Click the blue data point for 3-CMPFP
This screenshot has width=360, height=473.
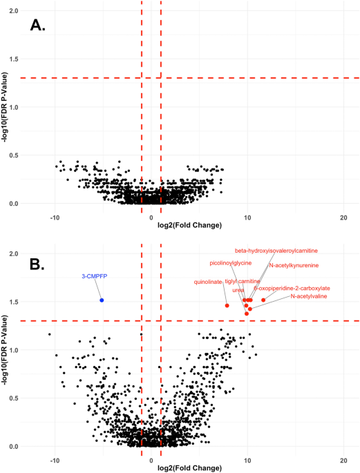pos(102,300)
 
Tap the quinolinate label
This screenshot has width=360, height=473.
pos(208,282)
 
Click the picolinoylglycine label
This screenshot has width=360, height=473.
pos(230,263)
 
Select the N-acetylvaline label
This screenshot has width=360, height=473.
pos(309,296)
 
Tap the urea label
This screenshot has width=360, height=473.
pos(238,290)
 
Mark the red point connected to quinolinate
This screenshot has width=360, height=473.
pos(227,305)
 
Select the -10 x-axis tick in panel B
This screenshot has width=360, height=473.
pos(55,460)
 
